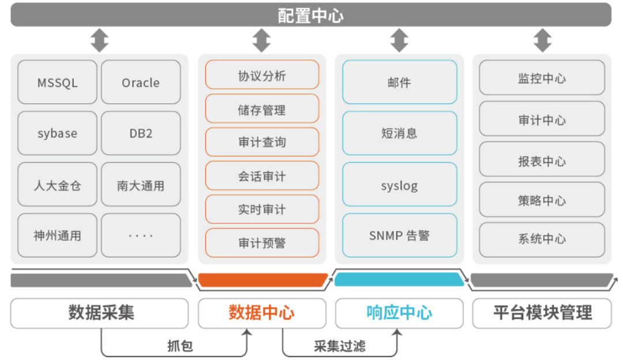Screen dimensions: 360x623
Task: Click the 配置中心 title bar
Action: click(311, 15)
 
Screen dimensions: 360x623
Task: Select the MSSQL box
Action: click(57, 82)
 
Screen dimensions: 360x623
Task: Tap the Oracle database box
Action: click(141, 82)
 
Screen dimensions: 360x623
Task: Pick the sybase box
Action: click(57, 133)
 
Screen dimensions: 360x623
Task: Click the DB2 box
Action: click(141, 133)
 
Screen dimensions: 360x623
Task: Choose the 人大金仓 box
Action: click(57, 185)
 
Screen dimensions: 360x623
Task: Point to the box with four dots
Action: click(141, 235)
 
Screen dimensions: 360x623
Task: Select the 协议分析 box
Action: click(262, 75)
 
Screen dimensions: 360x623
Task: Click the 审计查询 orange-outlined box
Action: click(262, 142)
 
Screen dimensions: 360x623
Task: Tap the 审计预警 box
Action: click(262, 243)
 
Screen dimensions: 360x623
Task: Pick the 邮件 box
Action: click(399, 82)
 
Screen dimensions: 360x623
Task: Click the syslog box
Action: click(399, 185)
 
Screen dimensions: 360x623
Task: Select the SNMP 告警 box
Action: click(399, 235)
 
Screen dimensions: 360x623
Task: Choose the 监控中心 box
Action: click(542, 78)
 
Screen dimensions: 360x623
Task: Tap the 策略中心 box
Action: click(542, 200)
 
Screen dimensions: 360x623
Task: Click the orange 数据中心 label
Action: click(262, 313)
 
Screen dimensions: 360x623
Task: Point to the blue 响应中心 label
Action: click(399, 313)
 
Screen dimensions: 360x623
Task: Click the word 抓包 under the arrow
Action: click(180, 346)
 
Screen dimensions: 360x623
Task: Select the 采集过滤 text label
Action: click(339, 346)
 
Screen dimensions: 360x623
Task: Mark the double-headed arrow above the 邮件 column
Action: click(399, 41)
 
